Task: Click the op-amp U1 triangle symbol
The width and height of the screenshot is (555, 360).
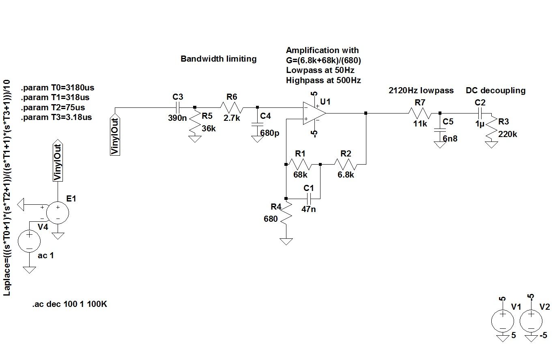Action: pyautogui.click(x=314, y=114)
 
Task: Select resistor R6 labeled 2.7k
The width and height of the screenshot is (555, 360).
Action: pyautogui.click(x=231, y=107)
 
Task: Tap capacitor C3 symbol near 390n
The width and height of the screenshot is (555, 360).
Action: pyautogui.click(x=178, y=107)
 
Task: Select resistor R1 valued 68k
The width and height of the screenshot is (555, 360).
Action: pyautogui.click(x=300, y=165)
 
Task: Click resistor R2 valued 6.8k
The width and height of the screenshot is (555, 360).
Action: pyautogui.click(x=345, y=165)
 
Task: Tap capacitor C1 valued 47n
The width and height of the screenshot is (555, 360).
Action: pyautogui.click(x=309, y=199)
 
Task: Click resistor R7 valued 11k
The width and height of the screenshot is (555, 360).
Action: pyautogui.click(x=420, y=114)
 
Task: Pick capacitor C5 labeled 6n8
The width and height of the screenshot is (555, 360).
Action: pyautogui.click(x=439, y=130)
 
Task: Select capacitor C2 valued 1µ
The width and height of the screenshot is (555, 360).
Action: pyautogui.click(x=480, y=114)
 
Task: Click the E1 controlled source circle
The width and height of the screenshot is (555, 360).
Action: pyautogui.click(x=58, y=212)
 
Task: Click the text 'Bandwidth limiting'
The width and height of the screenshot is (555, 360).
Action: pyautogui.click(x=218, y=59)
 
